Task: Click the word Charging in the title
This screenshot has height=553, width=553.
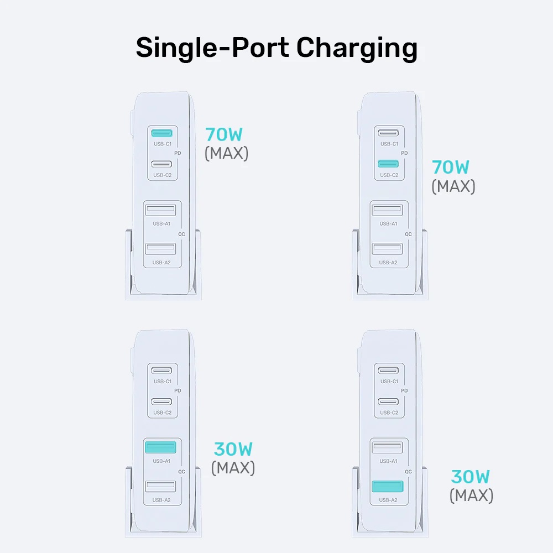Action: [357, 49]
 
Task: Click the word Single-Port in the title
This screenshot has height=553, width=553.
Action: [213, 49]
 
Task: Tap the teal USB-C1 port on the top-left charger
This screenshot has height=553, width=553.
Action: [162, 133]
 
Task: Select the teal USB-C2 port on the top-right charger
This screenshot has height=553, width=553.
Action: [389, 164]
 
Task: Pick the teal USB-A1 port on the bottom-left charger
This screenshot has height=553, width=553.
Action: [160, 447]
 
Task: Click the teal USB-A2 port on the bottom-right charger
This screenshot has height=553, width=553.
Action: [387, 486]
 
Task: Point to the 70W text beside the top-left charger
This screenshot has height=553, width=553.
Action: [224, 134]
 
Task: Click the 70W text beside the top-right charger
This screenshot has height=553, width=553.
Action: [451, 166]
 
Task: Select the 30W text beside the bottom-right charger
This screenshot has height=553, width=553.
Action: [471, 476]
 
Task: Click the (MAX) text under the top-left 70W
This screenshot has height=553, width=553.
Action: [227, 153]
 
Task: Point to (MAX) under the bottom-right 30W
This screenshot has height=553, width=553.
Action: [471, 495]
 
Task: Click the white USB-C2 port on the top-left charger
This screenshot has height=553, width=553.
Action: [162, 164]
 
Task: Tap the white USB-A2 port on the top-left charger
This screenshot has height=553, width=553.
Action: [160, 249]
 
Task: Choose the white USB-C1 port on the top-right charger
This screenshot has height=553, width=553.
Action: [389, 133]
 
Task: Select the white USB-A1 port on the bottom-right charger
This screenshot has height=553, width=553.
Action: [387, 447]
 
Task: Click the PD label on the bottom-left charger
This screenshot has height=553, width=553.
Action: [178, 390]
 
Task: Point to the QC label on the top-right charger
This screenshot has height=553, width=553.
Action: [408, 234]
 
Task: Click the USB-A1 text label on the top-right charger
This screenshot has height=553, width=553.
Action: [388, 223]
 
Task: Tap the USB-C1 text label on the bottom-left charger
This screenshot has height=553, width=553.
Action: [163, 382]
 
